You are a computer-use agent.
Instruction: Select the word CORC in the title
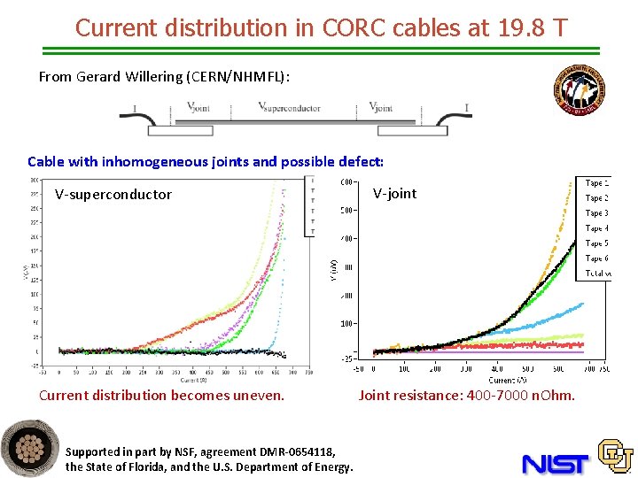[320, 27]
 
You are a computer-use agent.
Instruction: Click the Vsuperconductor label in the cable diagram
[289, 108]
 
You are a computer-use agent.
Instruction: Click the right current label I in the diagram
[467, 108]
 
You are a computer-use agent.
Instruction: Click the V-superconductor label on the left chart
[113, 195]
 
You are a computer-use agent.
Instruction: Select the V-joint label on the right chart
[394, 194]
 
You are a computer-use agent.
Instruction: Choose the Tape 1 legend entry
[596, 183]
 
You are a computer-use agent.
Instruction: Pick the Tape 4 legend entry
[596, 228]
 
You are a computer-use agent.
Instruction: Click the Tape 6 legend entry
[596, 258]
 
